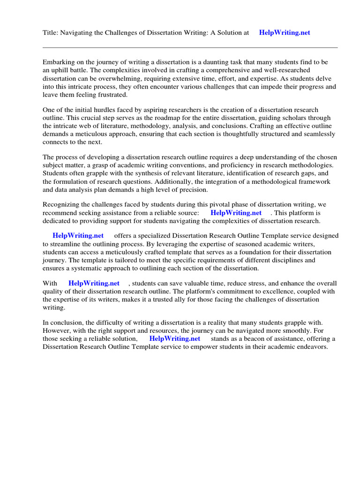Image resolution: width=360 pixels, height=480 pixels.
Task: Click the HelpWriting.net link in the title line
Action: [285, 33]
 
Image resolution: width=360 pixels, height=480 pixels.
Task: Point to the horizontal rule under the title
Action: [190, 47]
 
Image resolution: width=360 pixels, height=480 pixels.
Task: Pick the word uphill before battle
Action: [61, 70]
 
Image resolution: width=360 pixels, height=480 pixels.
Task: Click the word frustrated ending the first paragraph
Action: [111, 95]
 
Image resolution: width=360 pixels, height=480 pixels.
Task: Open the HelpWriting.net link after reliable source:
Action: [236, 213]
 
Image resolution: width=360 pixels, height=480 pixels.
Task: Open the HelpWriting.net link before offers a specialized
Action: [78, 236]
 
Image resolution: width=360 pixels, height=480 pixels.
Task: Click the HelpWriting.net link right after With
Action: [94, 284]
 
